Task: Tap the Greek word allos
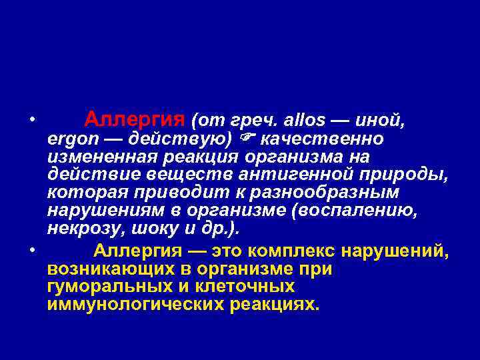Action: (x=305, y=121)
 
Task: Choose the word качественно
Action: (x=322, y=139)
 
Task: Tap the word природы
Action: (x=408, y=175)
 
